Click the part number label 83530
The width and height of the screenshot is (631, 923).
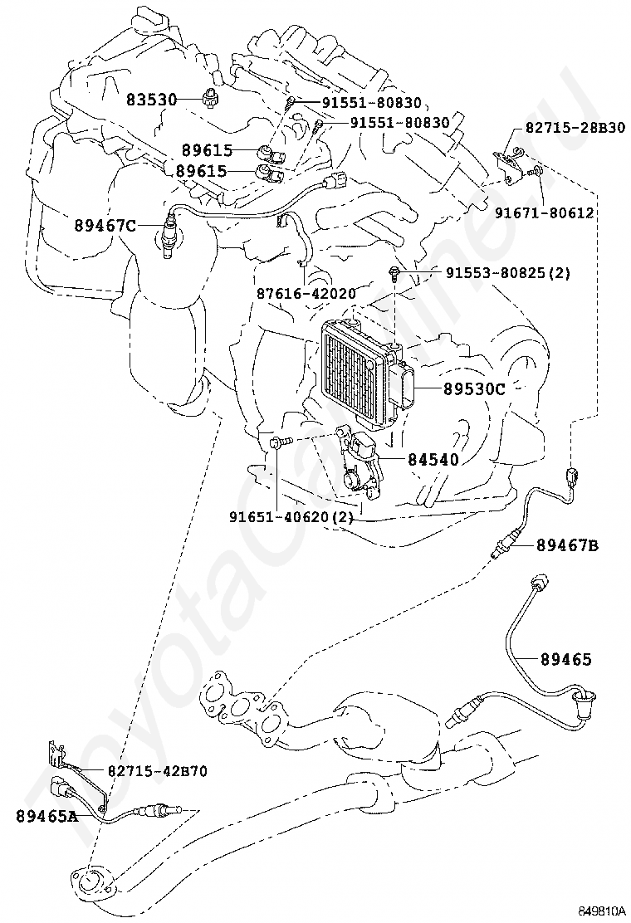point(152,100)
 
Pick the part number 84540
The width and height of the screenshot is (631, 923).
point(433,458)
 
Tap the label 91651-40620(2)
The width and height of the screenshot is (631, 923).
point(291,516)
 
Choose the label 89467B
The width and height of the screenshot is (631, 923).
point(568,545)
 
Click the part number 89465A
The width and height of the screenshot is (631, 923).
point(46,816)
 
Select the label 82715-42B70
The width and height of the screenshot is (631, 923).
point(157,771)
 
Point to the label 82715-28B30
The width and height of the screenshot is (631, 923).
point(575,127)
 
